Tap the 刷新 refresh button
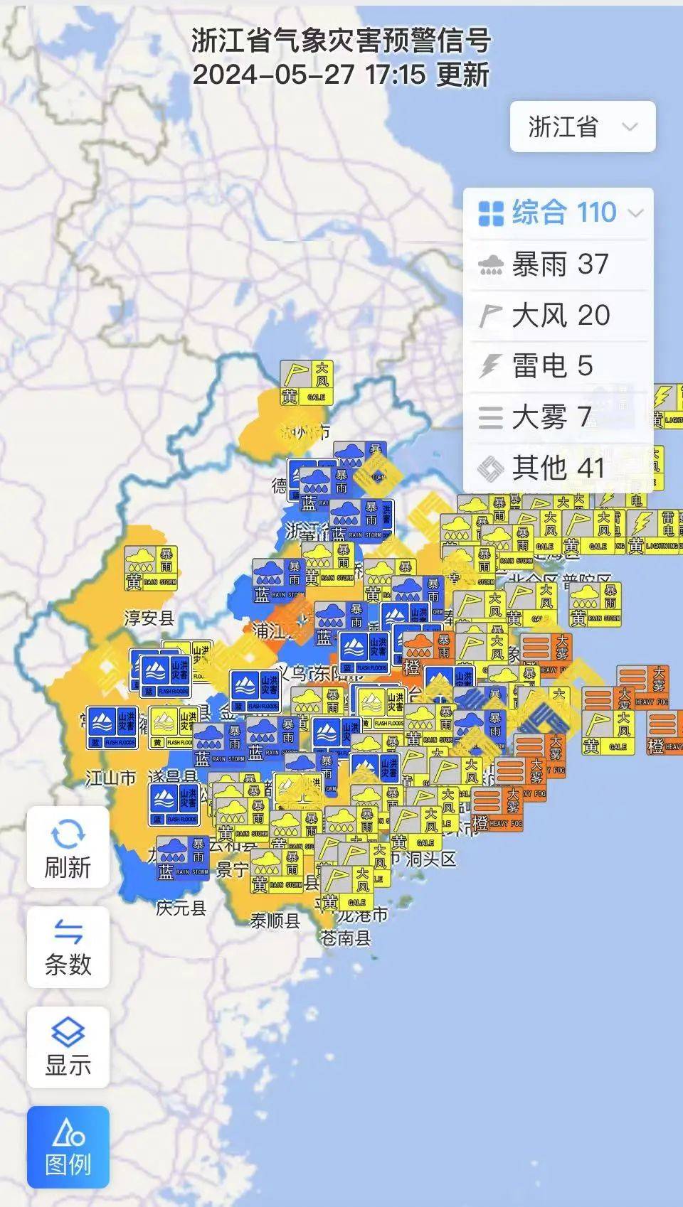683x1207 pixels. coord(68,847)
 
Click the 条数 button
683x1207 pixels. coord(68,948)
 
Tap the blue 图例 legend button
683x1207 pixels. coord(68,1147)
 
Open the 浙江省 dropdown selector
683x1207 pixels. coord(582,127)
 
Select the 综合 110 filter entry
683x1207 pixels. coord(559,213)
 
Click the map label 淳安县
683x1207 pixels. coord(149,618)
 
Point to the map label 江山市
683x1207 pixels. coord(110,778)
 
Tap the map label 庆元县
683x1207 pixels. coord(181,908)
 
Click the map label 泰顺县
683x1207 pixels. coord(275,921)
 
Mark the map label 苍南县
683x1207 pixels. coord(346,938)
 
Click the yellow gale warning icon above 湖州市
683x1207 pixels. coord(307,383)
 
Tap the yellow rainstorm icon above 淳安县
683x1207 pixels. coord(150,569)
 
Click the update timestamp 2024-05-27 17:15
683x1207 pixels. coord(309,75)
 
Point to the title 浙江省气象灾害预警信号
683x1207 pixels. coord(341,41)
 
